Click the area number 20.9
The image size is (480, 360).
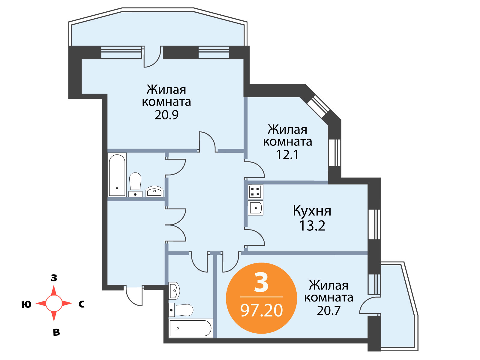166,115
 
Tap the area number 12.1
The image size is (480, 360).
287,154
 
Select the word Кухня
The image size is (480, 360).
312,211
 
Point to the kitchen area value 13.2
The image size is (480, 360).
312,226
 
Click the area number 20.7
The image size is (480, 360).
329,310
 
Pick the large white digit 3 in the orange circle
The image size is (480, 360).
261,283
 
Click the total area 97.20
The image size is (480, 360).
262,310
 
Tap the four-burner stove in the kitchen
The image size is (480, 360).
255,192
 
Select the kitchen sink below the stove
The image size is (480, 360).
255,208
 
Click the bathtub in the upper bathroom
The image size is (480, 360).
117,175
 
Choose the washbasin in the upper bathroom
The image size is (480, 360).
154,191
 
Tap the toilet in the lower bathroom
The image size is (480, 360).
181,310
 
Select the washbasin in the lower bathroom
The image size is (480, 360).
174,291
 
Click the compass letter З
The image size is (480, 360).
54,277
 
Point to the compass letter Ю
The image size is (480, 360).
26,304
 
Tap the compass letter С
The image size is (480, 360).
82,304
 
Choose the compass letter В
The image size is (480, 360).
56,332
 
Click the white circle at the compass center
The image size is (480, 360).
54,303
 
